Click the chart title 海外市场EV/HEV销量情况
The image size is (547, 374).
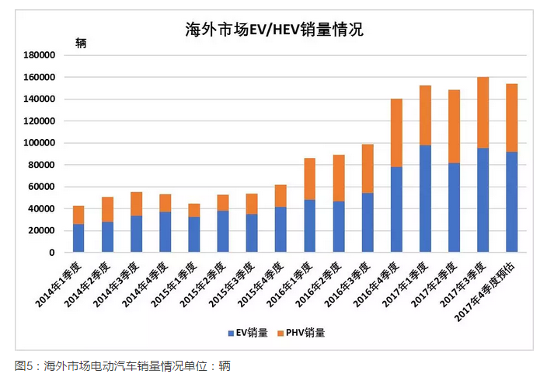[x=273, y=30]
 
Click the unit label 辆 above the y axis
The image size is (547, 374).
[x=81, y=43]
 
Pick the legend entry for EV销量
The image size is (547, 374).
[x=248, y=333]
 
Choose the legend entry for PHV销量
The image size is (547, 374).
[x=303, y=333]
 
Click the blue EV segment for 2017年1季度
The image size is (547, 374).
[x=425, y=198]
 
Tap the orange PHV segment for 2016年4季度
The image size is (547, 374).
[x=396, y=133]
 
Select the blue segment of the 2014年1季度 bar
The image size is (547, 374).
[x=78, y=238]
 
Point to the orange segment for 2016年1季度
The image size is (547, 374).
[x=309, y=179]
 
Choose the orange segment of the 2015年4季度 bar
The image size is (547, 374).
[x=280, y=196]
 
